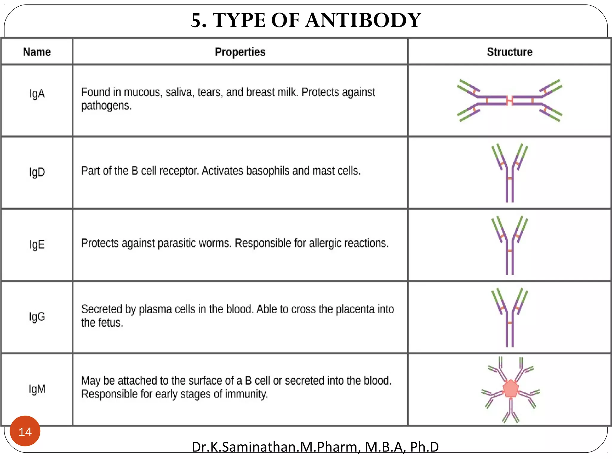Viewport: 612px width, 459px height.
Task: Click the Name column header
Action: pos(37,52)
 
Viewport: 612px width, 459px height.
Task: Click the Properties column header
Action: pos(240,52)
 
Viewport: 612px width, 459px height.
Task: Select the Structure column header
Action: pos(510,52)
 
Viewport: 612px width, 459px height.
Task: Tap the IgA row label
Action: pos(37,94)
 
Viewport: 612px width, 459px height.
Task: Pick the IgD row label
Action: pos(37,172)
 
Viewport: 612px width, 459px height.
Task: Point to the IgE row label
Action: pos(37,244)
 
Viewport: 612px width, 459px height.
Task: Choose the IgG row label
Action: pos(37,316)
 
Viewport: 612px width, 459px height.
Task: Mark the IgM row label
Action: pos(37,389)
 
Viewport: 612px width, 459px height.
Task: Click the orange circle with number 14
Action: pos(25,431)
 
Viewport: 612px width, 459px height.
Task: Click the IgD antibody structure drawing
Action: pos(510,173)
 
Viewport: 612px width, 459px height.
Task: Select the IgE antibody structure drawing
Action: pos(510,245)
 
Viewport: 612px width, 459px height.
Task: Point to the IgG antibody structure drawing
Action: pos(510,317)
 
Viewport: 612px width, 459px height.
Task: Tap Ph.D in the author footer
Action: pos(424,447)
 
